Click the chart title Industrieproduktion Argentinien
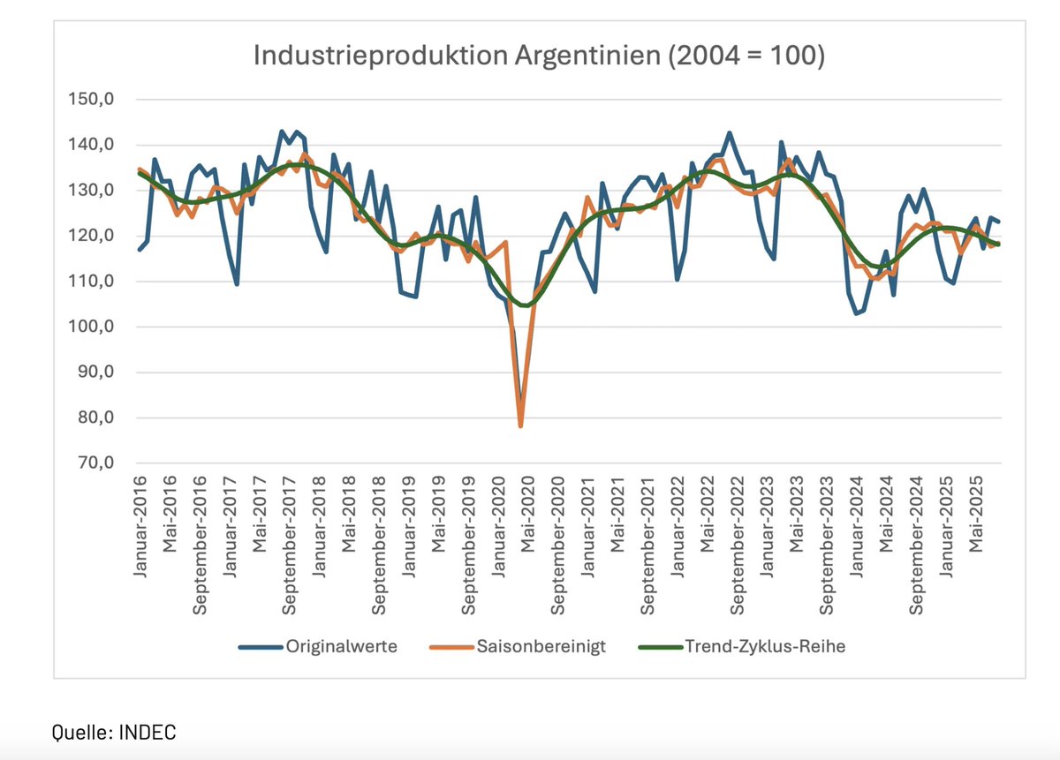pyautogui.click(x=539, y=56)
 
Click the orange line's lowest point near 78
pyautogui.click(x=521, y=426)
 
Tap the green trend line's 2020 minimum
pyautogui.click(x=526, y=305)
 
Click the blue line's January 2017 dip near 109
pyautogui.click(x=237, y=284)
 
